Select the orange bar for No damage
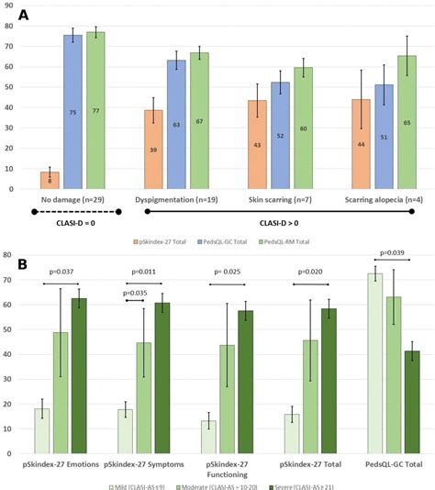coord(50,181)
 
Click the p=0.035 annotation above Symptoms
coord(137,293)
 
